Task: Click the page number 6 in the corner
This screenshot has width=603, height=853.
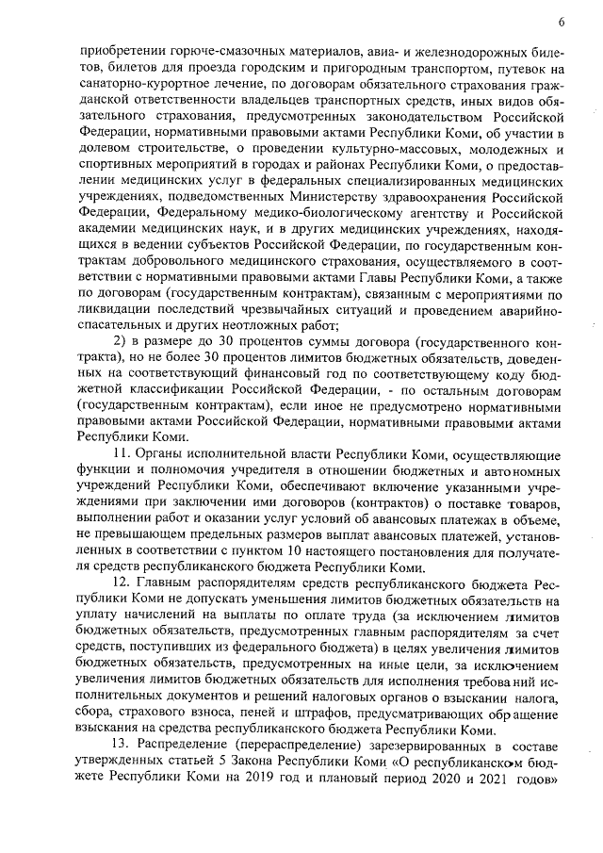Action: [561, 22]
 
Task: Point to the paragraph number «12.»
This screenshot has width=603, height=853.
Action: [123, 587]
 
